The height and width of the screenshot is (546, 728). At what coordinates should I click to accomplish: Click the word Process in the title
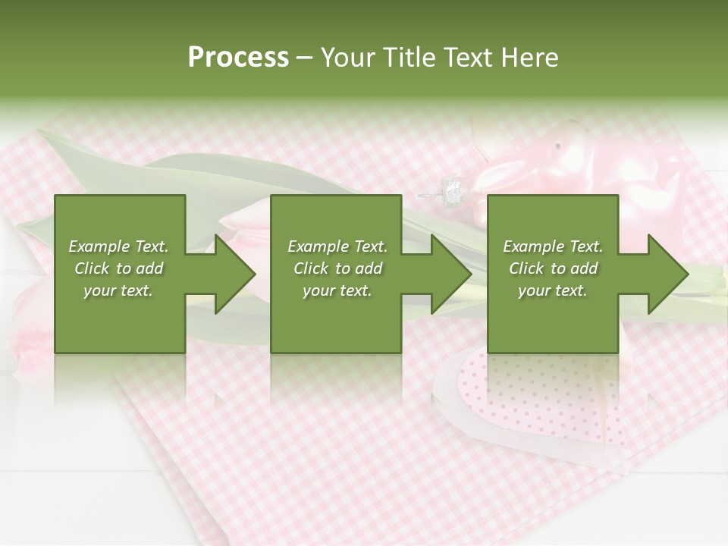(x=238, y=58)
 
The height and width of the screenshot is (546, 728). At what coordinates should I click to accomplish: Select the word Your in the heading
(x=350, y=58)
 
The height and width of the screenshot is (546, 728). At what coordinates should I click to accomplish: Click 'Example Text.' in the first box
(x=118, y=246)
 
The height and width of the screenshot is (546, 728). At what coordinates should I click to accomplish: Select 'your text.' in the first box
(x=118, y=290)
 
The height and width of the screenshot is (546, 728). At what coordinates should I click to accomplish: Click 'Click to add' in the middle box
(x=337, y=268)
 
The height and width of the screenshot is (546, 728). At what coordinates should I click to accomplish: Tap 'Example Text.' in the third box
(x=553, y=246)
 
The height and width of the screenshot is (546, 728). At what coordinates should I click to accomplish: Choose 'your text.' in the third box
(x=553, y=290)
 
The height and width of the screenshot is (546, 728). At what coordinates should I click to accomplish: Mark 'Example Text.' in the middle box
(x=337, y=246)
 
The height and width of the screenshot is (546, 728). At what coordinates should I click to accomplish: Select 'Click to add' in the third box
(x=553, y=268)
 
